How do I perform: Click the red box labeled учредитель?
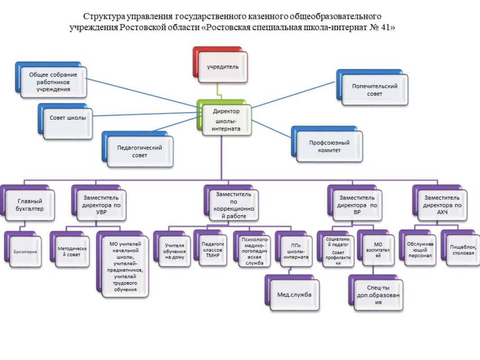[222, 67]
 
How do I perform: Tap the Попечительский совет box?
[374, 90]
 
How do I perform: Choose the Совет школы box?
[68, 118]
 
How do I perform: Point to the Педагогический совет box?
[139, 151]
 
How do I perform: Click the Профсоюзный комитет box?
[329, 146]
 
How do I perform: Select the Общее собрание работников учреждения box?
[53, 82]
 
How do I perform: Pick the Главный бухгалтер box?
[29, 206]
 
